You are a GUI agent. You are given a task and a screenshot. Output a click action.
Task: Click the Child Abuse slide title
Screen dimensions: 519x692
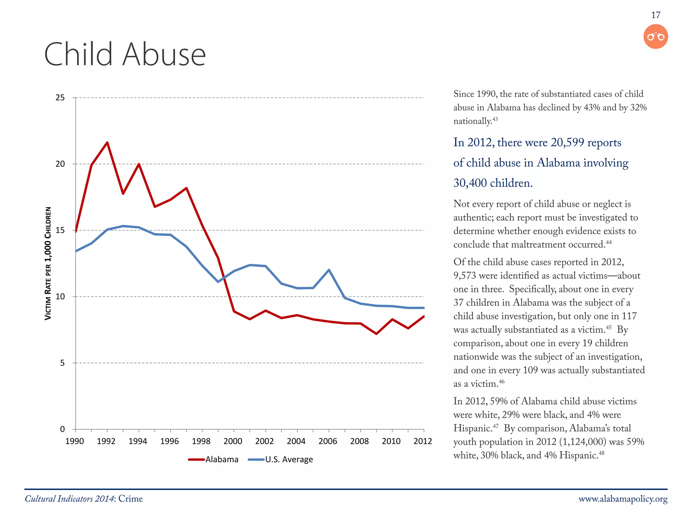pos(125,54)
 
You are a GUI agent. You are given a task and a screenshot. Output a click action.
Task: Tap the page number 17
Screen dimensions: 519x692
pos(656,15)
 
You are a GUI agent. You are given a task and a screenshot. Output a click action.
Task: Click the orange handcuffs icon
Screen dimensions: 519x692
pos(656,36)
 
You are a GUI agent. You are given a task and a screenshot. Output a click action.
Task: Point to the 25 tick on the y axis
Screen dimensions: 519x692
pos(60,98)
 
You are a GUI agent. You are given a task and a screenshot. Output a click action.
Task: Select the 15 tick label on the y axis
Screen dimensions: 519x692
pos(60,230)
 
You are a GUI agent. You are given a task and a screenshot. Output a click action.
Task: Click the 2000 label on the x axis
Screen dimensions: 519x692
pos(233,441)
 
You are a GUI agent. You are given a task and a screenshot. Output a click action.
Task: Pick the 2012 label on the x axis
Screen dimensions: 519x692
pos(423,441)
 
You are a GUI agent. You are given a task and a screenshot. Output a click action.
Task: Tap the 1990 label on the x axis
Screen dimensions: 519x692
pos(74,441)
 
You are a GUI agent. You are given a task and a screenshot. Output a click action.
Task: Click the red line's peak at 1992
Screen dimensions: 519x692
pos(107,143)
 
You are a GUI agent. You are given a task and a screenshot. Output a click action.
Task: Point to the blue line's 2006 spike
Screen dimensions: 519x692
pos(329,270)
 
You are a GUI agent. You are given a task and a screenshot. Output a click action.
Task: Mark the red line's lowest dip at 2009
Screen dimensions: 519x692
pos(376,334)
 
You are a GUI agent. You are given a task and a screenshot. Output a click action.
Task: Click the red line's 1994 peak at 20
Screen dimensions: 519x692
pos(139,164)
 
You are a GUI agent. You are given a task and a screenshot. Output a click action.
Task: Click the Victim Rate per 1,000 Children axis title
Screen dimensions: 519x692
pos(48,264)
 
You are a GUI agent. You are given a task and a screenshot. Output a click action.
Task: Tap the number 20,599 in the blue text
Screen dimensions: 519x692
pos(567,143)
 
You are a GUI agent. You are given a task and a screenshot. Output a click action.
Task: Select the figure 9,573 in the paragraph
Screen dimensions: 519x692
pos(465,276)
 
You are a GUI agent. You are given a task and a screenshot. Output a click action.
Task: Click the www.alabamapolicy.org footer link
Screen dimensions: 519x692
pos(623,499)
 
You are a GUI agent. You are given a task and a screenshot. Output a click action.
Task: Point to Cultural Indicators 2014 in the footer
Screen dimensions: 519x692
pos(69,499)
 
